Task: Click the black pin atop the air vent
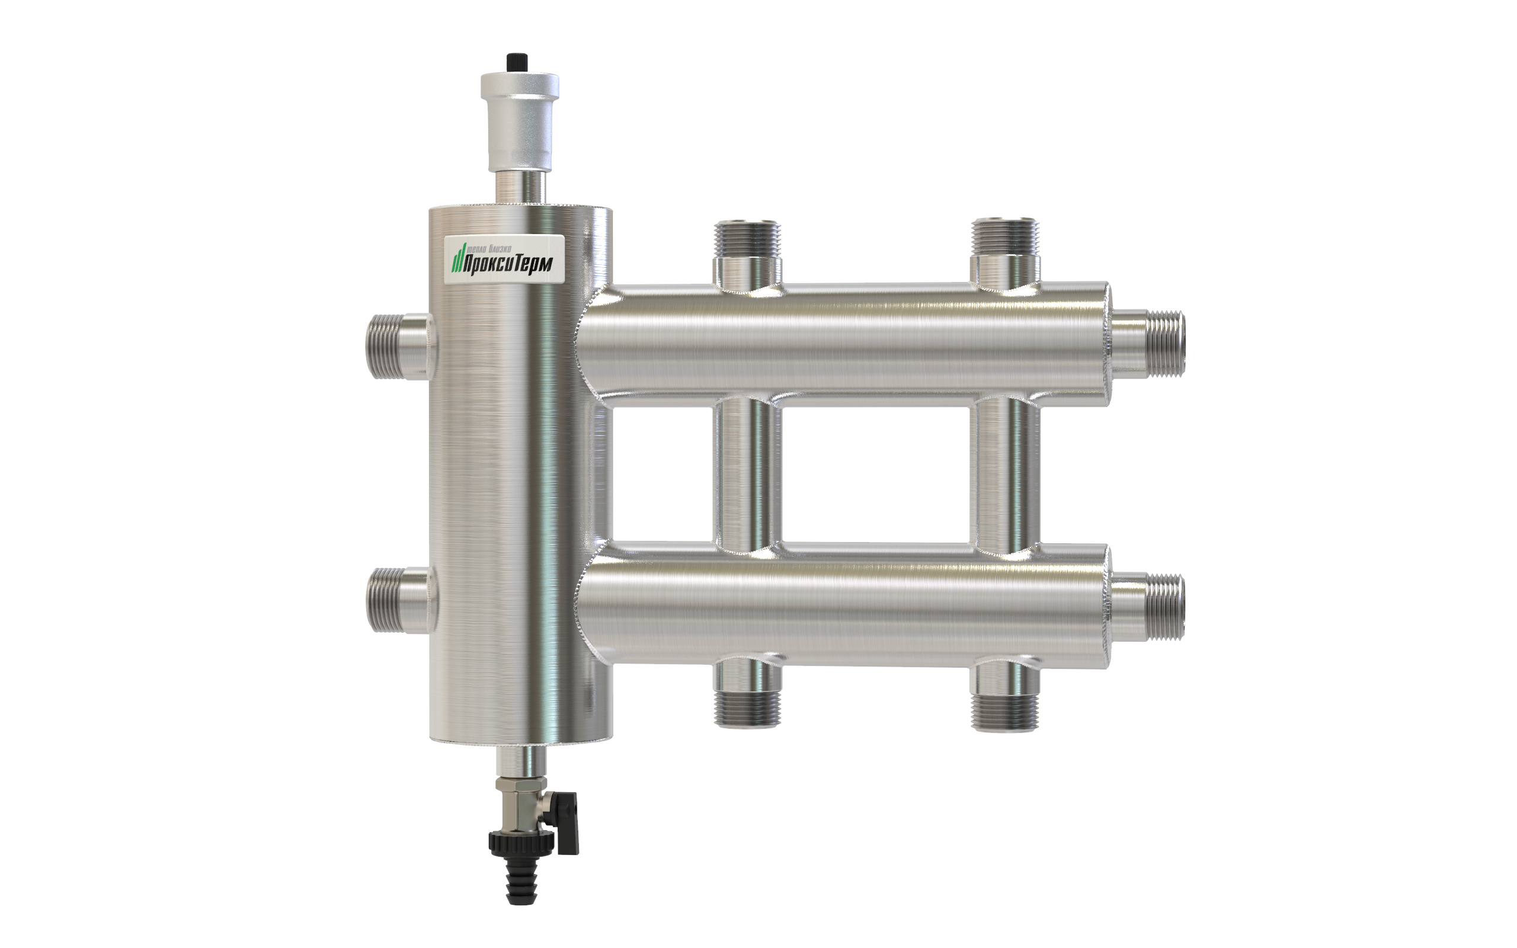pyautogui.click(x=516, y=63)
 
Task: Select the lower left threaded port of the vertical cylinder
pyautogui.click(x=399, y=600)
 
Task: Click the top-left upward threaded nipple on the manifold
pyautogui.click(x=747, y=254)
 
